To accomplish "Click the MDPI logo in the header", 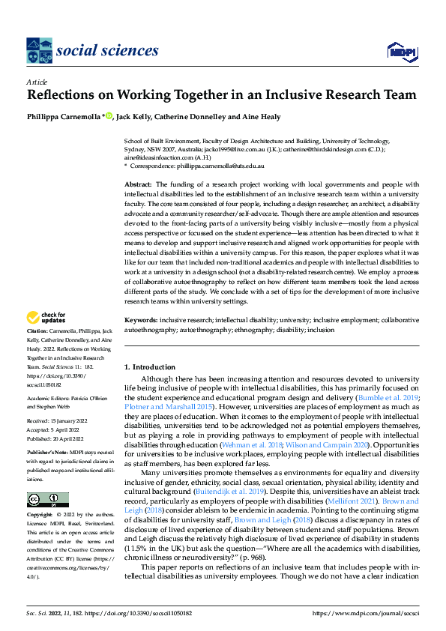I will [x=400, y=50].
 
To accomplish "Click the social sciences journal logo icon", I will [x=38, y=50].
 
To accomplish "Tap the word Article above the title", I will [x=37, y=82].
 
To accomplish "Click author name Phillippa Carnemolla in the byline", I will [x=64, y=116].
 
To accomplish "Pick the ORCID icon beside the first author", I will [x=108, y=116].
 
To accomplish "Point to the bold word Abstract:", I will [x=139, y=184].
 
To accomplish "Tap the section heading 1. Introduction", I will [x=149, y=367].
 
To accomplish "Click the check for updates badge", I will [x=46, y=318].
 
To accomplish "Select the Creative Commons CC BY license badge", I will [x=47, y=499].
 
